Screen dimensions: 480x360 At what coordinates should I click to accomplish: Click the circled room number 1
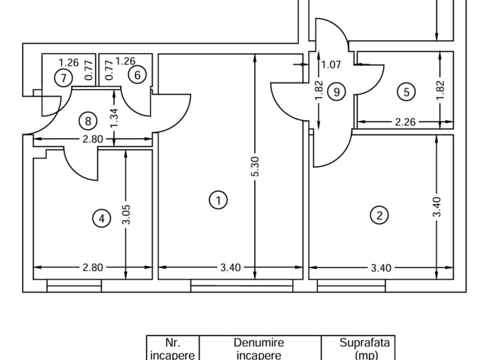pyautogui.click(x=218, y=200)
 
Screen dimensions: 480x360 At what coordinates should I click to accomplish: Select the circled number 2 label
pyautogui.click(x=379, y=215)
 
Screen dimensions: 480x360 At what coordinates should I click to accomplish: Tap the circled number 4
pyautogui.click(x=101, y=218)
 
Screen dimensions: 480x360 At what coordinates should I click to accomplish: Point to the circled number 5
pyautogui.click(x=406, y=92)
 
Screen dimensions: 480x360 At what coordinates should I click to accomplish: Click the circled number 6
pyautogui.click(x=137, y=74)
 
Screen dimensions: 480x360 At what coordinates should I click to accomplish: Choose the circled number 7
pyautogui.click(x=64, y=78)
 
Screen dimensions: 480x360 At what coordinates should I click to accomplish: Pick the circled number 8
pyautogui.click(x=88, y=121)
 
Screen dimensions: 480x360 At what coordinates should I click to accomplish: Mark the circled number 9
pyautogui.click(x=337, y=92)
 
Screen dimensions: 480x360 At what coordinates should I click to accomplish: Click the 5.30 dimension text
pyautogui.click(x=255, y=167)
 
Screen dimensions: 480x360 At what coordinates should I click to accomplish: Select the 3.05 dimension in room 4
pyautogui.click(x=126, y=214)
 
